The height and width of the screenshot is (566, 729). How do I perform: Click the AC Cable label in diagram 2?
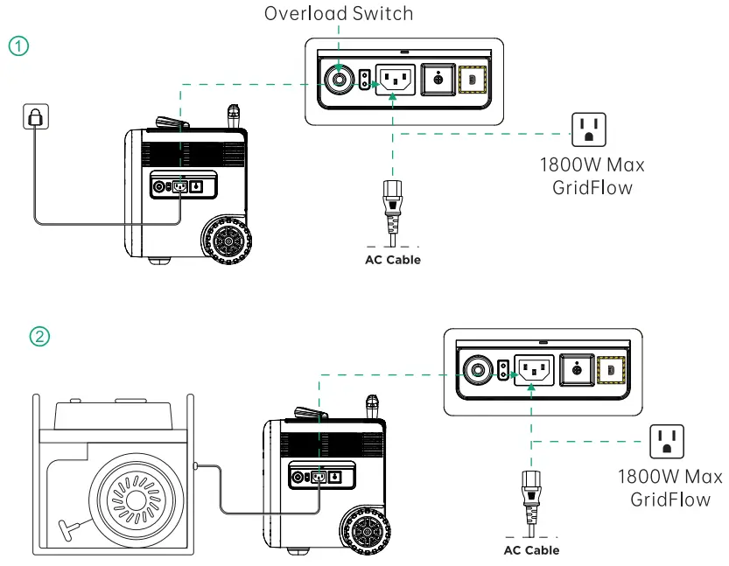click(531, 550)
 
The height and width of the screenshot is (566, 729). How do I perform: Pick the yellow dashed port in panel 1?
click(473, 80)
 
